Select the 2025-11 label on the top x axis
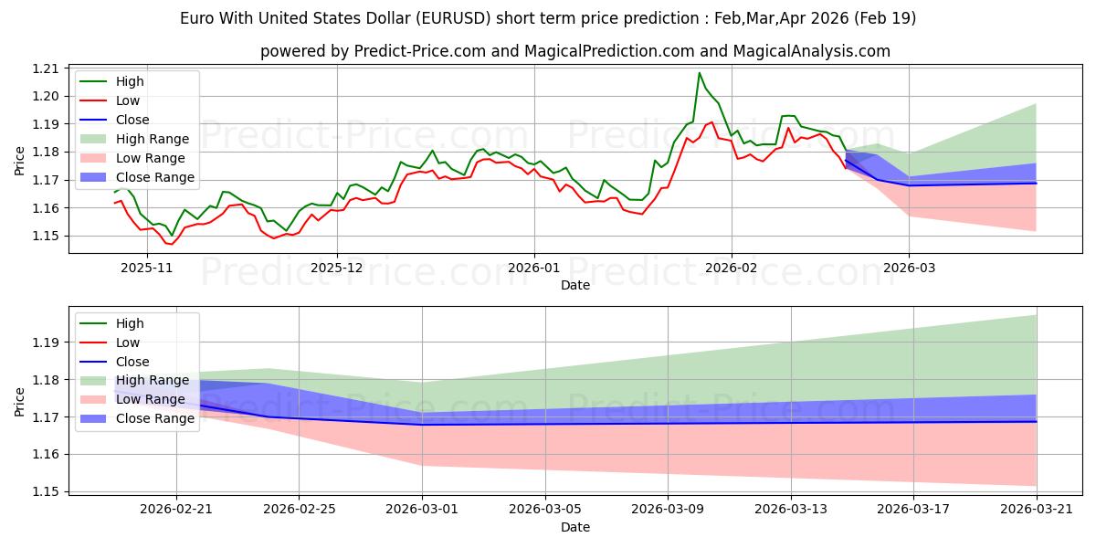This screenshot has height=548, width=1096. [147, 268]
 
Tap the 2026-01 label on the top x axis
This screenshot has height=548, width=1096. [533, 268]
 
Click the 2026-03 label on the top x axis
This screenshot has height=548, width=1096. [909, 268]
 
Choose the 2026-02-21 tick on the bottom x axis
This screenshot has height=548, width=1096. [176, 511]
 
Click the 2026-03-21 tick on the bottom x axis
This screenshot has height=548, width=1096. [1037, 511]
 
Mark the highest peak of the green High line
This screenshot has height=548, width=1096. [700, 73]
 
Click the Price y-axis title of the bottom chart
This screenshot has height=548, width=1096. [19, 401]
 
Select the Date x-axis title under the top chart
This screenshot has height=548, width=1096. [575, 285]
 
